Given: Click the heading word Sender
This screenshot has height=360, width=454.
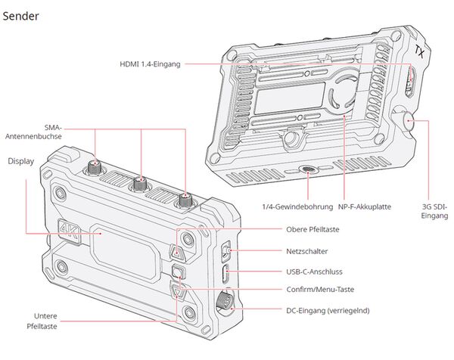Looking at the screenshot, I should tap(21, 15).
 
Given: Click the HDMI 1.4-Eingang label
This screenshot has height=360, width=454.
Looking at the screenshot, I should tap(150, 65).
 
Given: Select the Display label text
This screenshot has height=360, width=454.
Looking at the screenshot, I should tap(21, 161).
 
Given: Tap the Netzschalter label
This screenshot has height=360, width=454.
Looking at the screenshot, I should tap(307, 250).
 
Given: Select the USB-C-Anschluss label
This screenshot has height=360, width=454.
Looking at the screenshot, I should tap(315, 270).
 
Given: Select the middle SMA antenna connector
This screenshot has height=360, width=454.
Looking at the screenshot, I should tap(140, 182).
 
